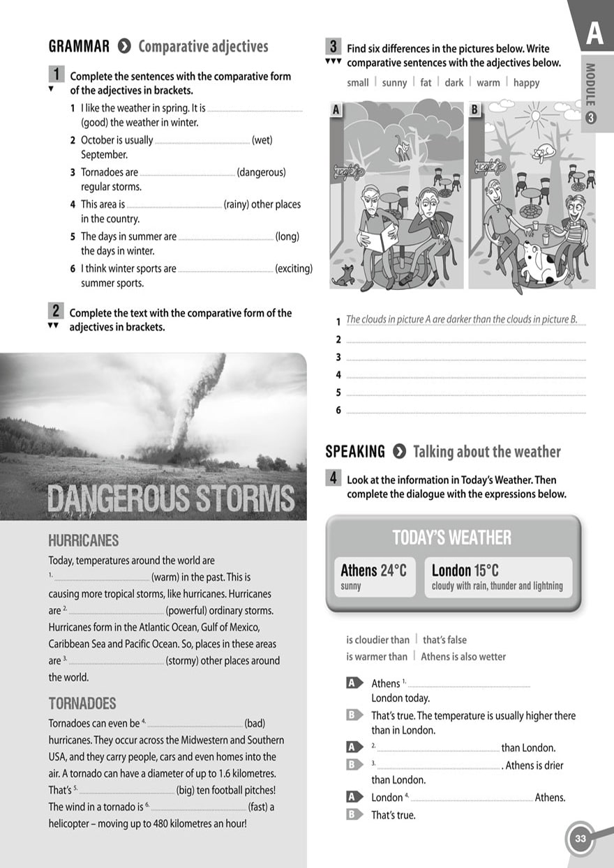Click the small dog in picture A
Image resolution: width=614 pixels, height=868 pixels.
pyautogui.click(x=343, y=274)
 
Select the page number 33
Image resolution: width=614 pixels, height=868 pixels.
pyautogui.click(x=580, y=839)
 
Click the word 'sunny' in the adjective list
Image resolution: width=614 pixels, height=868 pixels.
pyautogui.click(x=394, y=83)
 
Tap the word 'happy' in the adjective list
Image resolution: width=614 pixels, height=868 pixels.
pyautogui.click(x=526, y=83)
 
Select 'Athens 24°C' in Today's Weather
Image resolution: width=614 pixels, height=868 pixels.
pyautogui.click(x=373, y=571)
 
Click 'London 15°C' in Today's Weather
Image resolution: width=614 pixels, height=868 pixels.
pyautogui.click(x=465, y=571)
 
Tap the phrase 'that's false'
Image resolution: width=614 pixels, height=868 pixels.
pyautogui.click(x=444, y=639)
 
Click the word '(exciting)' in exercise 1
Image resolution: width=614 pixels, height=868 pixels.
pyautogui.click(x=294, y=268)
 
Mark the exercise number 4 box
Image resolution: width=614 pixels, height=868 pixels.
pyautogui.click(x=334, y=478)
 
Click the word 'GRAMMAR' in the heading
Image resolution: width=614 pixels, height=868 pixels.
pyautogui.click(x=79, y=47)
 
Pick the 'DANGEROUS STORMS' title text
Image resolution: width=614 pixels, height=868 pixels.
pyautogui.click(x=171, y=499)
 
